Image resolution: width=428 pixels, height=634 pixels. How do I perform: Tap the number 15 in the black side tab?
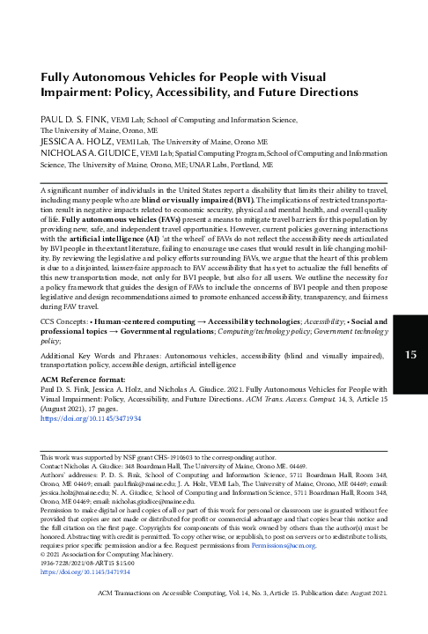pos(410,380)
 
